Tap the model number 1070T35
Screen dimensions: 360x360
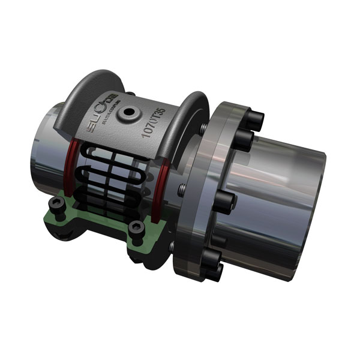(x=154, y=121)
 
